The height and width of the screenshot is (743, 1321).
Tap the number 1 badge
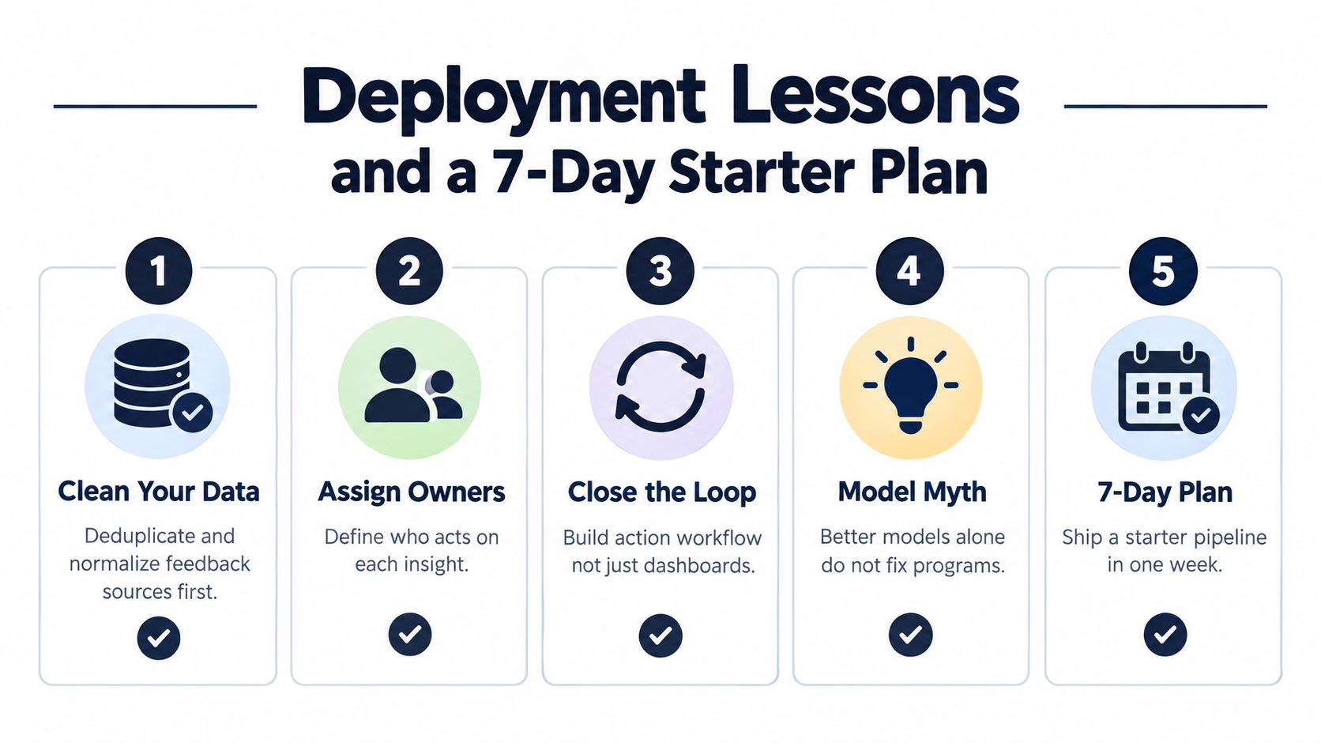159,271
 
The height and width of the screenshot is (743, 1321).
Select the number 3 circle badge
660,271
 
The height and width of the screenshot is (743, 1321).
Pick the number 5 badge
1163,271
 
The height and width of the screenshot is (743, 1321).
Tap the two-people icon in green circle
412,386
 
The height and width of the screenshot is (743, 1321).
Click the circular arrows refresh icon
660,387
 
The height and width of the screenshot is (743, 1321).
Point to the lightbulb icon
910,386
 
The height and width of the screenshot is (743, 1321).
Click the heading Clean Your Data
159,492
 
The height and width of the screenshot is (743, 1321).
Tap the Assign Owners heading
411,492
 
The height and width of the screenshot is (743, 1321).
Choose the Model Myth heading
912,492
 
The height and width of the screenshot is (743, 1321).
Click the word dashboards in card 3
699,565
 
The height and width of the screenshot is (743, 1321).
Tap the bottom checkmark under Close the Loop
660,636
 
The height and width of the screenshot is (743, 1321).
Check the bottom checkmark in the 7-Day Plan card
1165,635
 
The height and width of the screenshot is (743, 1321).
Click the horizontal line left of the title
155,106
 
